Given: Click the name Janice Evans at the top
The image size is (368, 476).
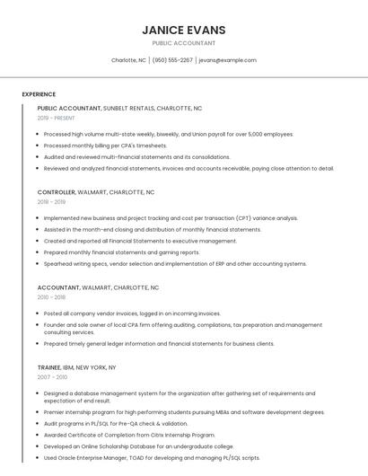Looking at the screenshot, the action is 183,30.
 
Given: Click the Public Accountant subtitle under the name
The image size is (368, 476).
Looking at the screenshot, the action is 183,43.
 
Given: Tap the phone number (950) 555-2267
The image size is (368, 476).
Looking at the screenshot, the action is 172,60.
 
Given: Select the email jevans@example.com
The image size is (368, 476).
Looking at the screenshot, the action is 227,60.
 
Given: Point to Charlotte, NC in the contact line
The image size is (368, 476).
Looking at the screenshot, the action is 128,60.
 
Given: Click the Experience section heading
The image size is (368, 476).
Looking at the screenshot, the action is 39,94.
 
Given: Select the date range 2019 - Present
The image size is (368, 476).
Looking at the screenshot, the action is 57,118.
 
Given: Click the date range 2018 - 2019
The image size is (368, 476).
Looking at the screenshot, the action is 51,202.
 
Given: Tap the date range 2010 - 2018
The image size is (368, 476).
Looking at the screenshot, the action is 51,297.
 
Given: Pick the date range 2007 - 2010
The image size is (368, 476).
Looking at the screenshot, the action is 51,377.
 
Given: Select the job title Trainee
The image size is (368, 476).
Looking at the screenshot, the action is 49,367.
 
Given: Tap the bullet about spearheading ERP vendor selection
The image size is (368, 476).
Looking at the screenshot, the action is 175,264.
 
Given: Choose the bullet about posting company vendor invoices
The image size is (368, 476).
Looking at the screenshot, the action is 132,313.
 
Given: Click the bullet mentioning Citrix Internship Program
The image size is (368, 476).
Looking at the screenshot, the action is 129,435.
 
